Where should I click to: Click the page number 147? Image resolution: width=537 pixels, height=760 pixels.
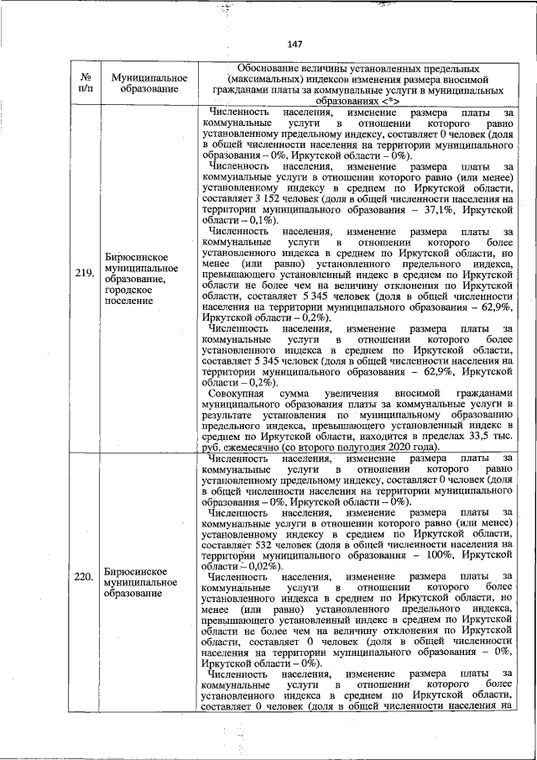pos(294,45)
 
